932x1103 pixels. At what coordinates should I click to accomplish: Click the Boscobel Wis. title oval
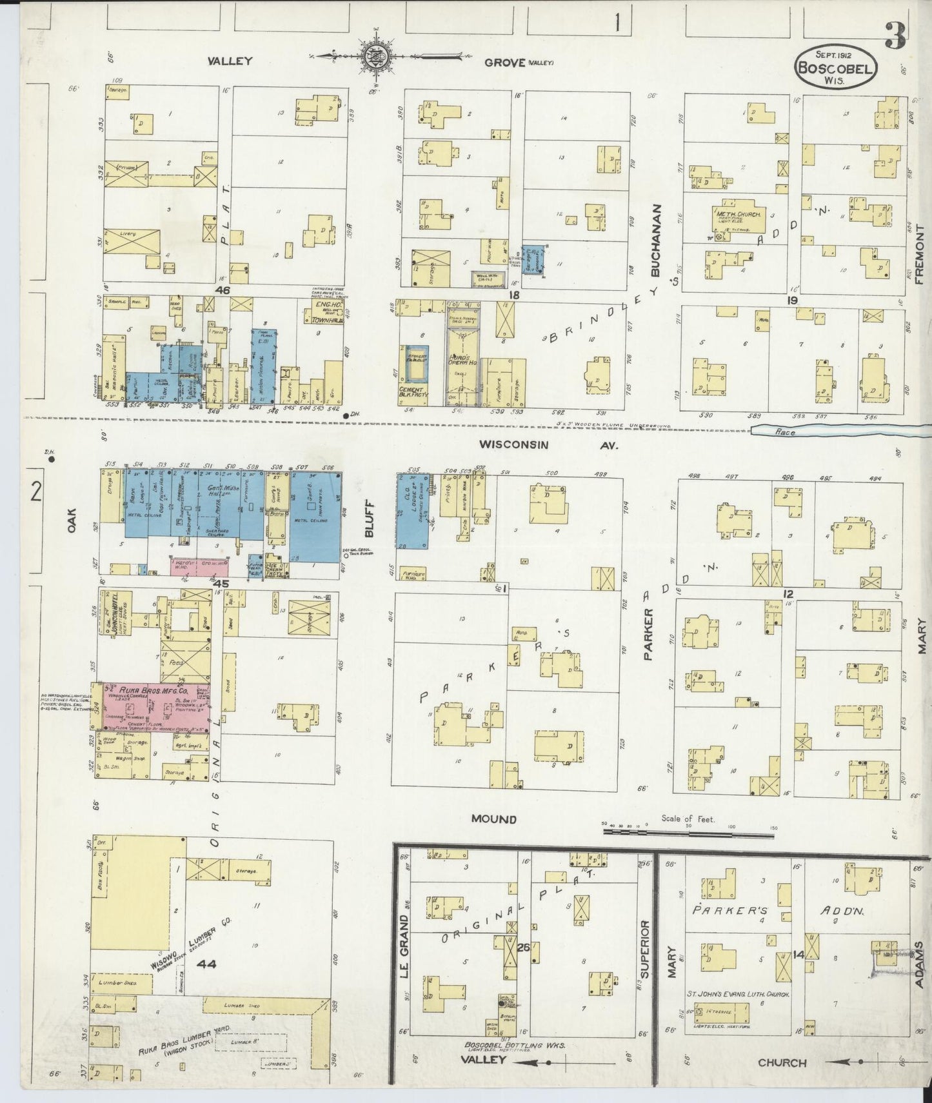[836, 65]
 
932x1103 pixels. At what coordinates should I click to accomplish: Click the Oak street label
[71, 521]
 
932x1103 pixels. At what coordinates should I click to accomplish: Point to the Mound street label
[493, 819]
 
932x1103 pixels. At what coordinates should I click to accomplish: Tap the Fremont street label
[919, 254]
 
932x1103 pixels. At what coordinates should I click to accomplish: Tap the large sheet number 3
[895, 35]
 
